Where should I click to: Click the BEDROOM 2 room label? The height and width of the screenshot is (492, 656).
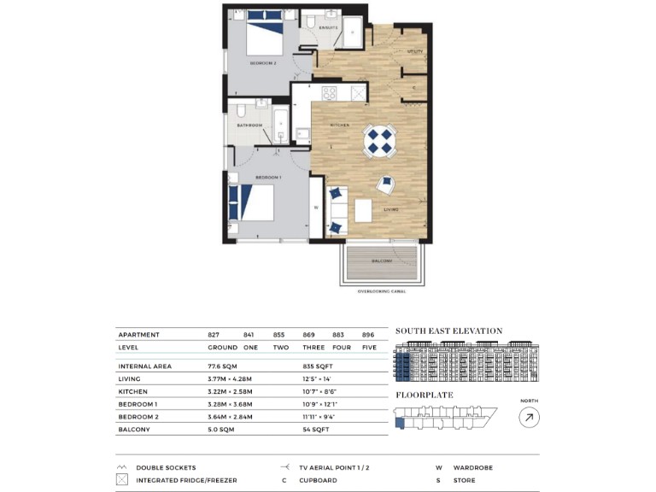pyautogui.click(x=262, y=63)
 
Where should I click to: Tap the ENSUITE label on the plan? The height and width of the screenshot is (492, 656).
pyautogui.click(x=329, y=28)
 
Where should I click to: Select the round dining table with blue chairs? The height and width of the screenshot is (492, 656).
pyautogui.click(x=378, y=142)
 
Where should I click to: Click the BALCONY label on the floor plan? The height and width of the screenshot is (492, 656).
pyautogui.click(x=382, y=261)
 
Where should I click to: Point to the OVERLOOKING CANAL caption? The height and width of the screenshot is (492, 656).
pyautogui.click(x=381, y=291)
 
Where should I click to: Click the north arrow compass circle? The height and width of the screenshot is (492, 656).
pyautogui.click(x=530, y=417)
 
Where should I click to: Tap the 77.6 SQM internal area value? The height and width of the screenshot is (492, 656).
pyautogui.click(x=225, y=366)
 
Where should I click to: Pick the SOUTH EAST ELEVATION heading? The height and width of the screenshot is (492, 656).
pyautogui.click(x=448, y=331)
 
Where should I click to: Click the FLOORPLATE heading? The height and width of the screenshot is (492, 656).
pyautogui.click(x=425, y=395)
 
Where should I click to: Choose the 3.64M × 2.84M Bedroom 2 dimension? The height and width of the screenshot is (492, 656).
pyautogui.click(x=231, y=417)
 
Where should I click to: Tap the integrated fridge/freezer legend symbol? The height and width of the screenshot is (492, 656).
pyautogui.click(x=121, y=480)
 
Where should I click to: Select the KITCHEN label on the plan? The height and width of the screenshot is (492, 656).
pyautogui.click(x=340, y=126)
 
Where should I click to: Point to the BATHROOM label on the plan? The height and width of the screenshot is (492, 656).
pyautogui.click(x=249, y=125)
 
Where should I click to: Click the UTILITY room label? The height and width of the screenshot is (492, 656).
pyautogui.click(x=415, y=52)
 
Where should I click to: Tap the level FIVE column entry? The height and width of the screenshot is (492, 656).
pyautogui.click(x=368, y=348)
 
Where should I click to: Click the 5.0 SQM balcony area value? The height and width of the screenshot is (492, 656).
pyautogui.click(x=221, y=430)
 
